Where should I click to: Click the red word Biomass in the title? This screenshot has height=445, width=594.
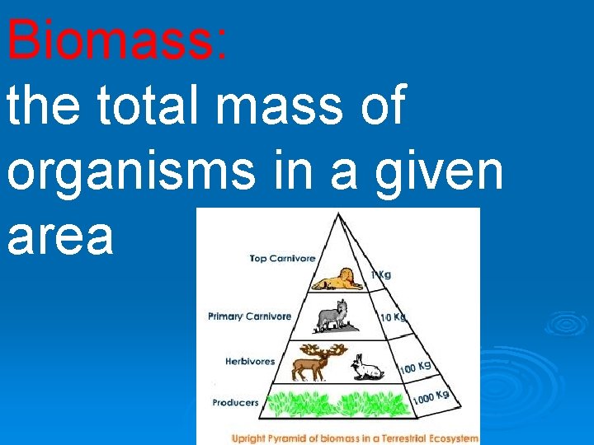coord(115,39)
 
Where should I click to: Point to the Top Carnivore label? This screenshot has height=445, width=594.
coord(282,259)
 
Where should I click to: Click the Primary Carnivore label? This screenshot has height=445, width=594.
coord(249,316)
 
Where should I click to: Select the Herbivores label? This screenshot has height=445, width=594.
coord(250,361)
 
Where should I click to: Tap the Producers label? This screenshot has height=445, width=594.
coord(235,403)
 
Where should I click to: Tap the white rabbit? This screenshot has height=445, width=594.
coord(367,368)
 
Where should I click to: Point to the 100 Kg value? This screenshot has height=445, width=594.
coord(416,366)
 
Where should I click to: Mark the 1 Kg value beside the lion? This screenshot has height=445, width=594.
coord(380,275)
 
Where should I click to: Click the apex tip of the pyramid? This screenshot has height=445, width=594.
coord(338,214)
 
